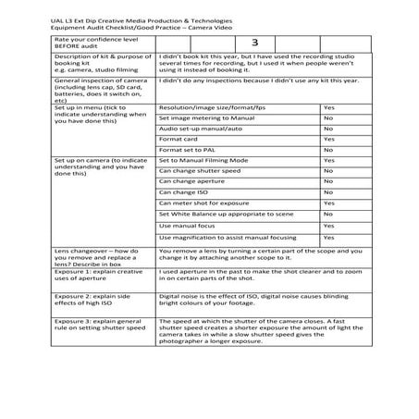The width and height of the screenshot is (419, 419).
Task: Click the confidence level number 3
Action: (x=253, y=43)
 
